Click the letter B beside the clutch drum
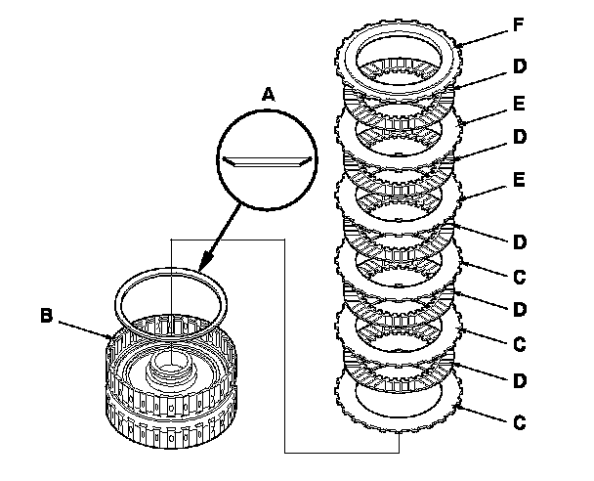coord(46,316)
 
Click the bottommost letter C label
coord(520,423)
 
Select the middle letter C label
coord(520,343)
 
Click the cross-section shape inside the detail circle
coord(265,158)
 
